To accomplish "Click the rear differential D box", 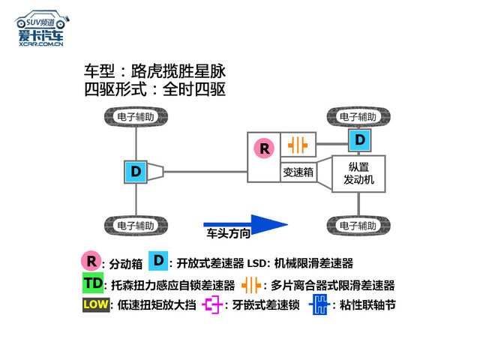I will (136, 172).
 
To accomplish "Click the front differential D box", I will (360, 139).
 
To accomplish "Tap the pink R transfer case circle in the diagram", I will (264, 148).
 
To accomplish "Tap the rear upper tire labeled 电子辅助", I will (136, 117).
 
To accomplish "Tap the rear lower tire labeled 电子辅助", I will (136, 225).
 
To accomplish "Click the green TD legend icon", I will (93, 284).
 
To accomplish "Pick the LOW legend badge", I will (95, 305).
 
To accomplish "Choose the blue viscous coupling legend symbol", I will (320, 305).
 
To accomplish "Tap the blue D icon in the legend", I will (159, 260).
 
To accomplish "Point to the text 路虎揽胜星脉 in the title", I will (178, 73).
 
